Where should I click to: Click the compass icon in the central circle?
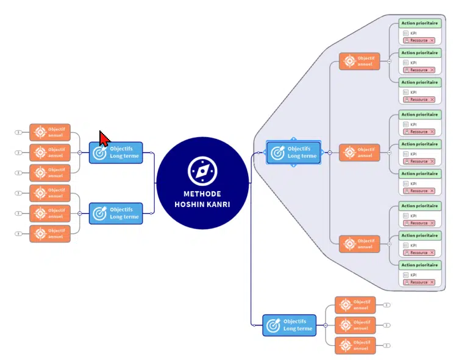[x=202, y=171]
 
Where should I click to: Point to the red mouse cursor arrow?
[x=103, y=138]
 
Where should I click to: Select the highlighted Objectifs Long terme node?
[x=294, y=152]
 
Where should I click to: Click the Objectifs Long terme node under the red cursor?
[x=116, y=152]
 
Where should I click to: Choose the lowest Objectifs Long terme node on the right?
[x=290, y=325]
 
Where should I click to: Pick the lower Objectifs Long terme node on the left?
[x=116, y=213]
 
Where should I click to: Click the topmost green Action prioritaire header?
[x=419, y=23]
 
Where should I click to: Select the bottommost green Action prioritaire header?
[x=419, y=265]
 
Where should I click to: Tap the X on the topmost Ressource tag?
[x=432, y=40]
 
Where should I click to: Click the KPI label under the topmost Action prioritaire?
[x=413, y=32]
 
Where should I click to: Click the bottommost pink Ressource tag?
[x=418, y=282]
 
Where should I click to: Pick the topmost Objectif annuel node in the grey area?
[x=360, y=62]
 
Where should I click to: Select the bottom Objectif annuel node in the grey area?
[x=360, y=244]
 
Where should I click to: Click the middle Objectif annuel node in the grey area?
[x=360, y=152]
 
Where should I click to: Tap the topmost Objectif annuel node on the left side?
[x=50, y=132]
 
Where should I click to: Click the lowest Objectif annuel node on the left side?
[x=50, y=233]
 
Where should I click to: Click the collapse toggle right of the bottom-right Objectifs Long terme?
[x=326, y=325]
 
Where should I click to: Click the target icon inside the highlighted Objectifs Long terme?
[x=278, y=153]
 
